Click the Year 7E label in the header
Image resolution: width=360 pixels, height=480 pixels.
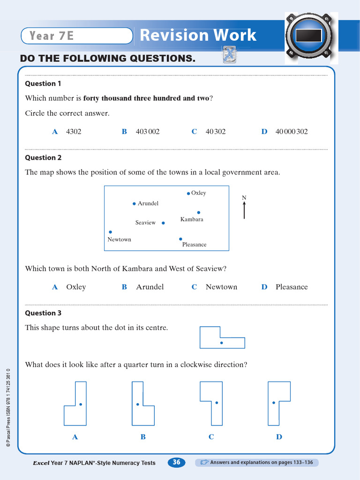pyautogui.click(x=52, y=36)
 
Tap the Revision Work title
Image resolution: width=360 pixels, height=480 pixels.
pyautogui.click(x=198, y=35)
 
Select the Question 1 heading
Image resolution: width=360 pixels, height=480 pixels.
pyautogui.click(x=43, y=83)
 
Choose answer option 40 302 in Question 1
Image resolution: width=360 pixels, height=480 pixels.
pyautogui.click(x=215, y=132)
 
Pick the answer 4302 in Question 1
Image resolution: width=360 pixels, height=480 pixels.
pyautogui.click(x=74, y=132)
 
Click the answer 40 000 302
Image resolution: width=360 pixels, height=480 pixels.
pyautogui.click(x=291, y=132)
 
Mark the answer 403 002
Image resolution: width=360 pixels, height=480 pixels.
pyautogui.click(x=148, y=132)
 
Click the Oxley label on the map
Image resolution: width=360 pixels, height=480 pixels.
pyautogui.click(x=199, y=193)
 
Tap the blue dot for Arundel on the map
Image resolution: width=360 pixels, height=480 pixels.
pyautogui.click(x=134, y=203)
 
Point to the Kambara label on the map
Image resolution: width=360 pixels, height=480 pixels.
pyautogui.click(x=192, y=219)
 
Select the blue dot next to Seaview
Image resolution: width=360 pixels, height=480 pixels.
pyautogui.click(x=163, y=223)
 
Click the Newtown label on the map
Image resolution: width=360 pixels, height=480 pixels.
pyautogui.click(x=120, y=240)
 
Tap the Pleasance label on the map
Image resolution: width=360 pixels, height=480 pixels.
pyautogui.click(x=194, y=245)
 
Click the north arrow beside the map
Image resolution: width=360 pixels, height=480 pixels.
pyautogui.click(x=244, y=210)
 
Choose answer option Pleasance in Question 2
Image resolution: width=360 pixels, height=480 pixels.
pyautogui.click(x=292, y=287)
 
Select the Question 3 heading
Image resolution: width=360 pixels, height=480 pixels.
pyautogui.click(x=43, y=313)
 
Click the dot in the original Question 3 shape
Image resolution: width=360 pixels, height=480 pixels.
pyautogui.click(x=222, y=343)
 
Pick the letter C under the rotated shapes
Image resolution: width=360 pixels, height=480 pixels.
pyautogui.click(x=211, y=437)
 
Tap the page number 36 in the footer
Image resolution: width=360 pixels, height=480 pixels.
pyautogui.click(x=176, y=463)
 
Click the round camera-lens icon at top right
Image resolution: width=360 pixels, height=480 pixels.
pyautogui.click(x=308, y=36)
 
